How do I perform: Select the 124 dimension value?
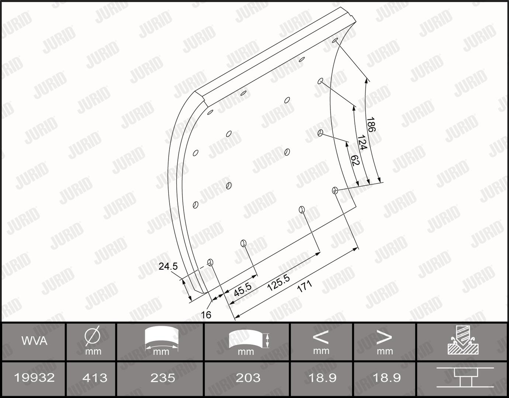pos(362,142)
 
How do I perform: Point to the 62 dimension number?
pos(355,160)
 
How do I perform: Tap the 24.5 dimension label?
pos(168,266)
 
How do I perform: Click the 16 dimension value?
pos(206,315)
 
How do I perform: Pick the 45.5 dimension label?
pos(243,289)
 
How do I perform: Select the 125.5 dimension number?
pos(278,283)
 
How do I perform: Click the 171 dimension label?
pos(305,286)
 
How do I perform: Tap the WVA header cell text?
pos(34,341)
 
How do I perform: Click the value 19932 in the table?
pos(34,378)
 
